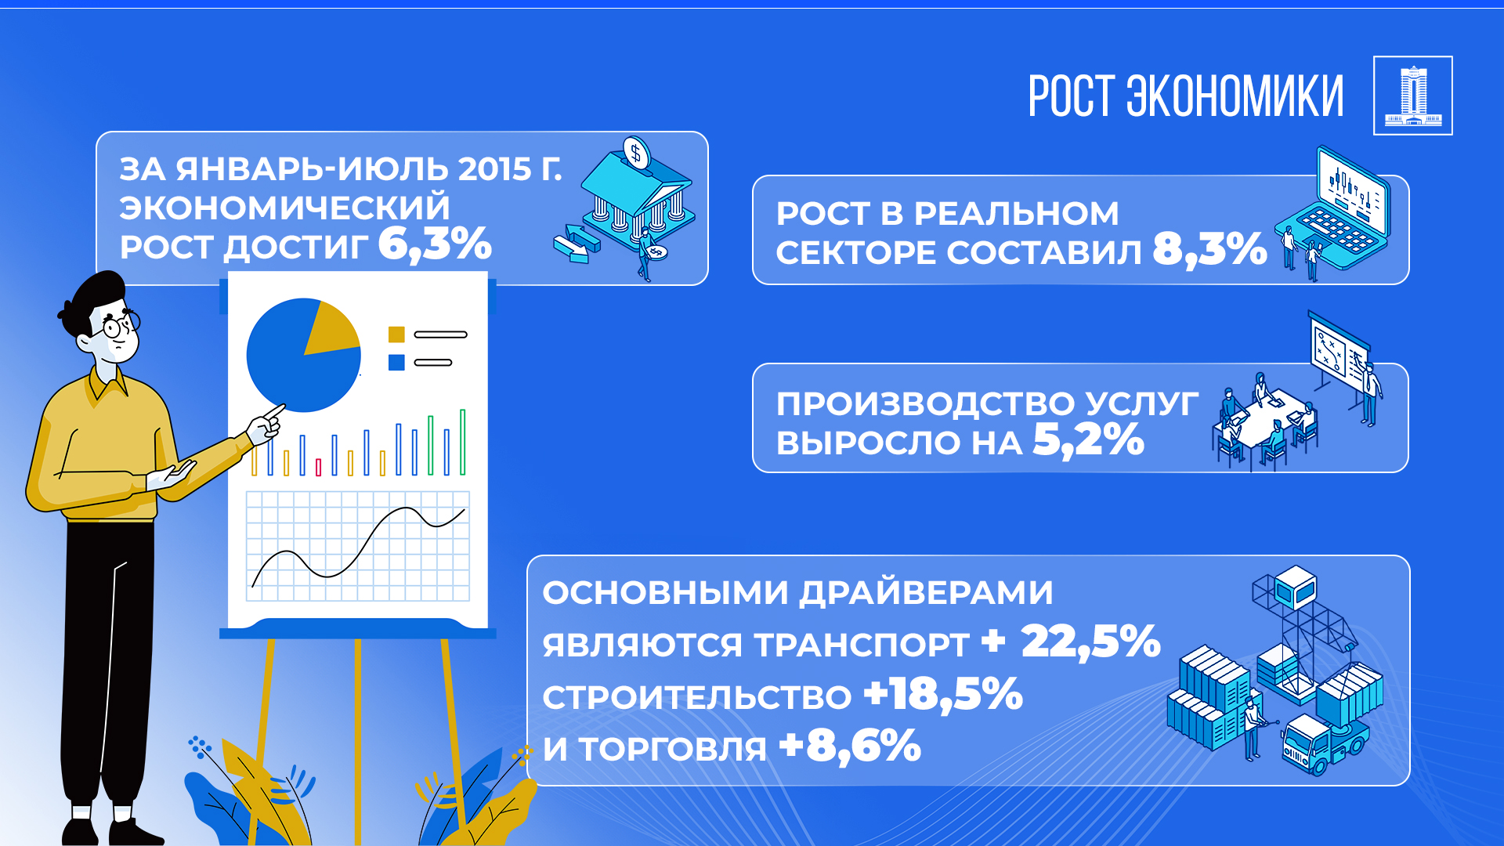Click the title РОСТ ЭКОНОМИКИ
pos(1185,96)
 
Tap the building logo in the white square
pos(1412,96)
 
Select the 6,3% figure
pos(435,244)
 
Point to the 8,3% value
pos(1209,250)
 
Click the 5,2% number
pos(1088,439)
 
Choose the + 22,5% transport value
pos(1071,642)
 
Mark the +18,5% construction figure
pos(943,695)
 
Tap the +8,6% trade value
pos(850,746)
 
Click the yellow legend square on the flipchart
pos(396,334)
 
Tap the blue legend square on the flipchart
pos(396,363)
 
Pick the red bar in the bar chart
pos(318,468)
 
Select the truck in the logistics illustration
pos(1324,744)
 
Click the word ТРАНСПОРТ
pos(862,645)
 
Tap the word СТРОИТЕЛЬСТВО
pos(696,697)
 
